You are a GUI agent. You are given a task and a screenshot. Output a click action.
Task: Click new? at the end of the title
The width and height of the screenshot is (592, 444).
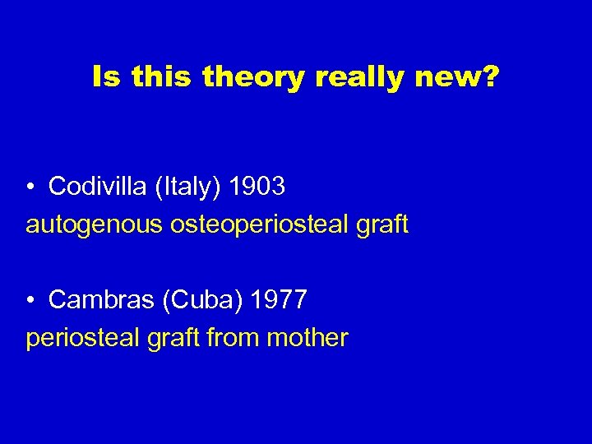[x=457, y=78]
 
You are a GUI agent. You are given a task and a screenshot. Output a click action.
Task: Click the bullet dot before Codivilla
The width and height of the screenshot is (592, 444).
[x=30, y=187]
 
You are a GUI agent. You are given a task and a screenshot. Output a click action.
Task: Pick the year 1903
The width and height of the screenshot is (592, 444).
[x=257, y=187]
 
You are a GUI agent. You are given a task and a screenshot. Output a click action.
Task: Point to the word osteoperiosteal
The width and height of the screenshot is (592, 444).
[x=257, y=224]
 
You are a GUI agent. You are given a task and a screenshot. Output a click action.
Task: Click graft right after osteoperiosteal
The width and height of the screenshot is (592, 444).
[x=382, y=224]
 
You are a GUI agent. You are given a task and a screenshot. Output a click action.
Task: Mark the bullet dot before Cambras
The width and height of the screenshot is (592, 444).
[x=30, y=300]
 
